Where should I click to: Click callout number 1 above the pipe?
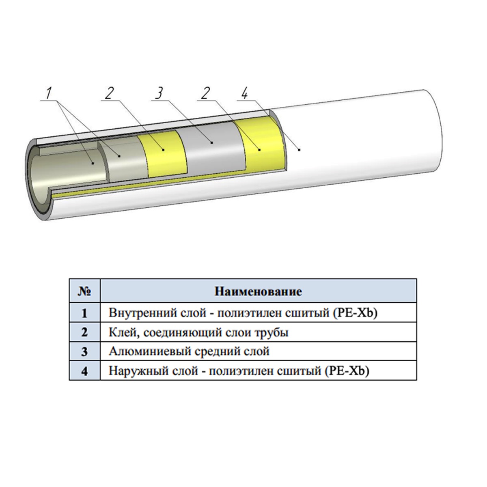point(48,93)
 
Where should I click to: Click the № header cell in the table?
point(84,291)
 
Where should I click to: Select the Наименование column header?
point(258,291)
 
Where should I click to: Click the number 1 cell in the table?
point(84,313)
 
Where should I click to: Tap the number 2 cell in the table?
point(84,332)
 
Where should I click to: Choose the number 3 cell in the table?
point(84,351)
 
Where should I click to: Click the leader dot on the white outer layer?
point(299,150)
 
